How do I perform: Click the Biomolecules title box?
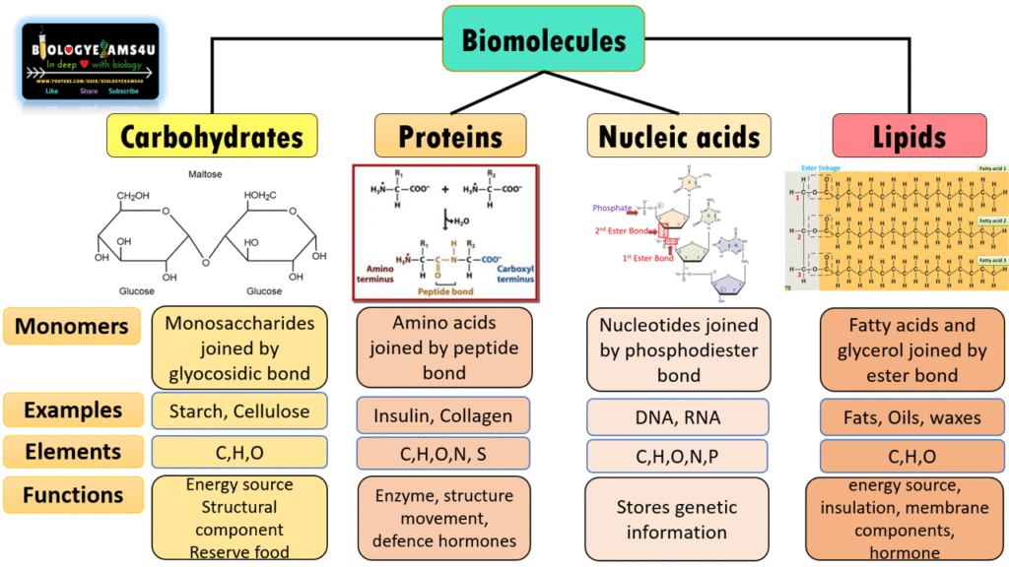544,39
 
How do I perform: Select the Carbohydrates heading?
212,136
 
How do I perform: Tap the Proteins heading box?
450,136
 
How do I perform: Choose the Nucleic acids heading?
679,136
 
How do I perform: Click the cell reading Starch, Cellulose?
239,411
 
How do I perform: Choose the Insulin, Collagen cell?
443,415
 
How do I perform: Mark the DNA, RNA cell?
678,417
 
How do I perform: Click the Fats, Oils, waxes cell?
912,417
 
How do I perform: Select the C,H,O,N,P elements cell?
678,457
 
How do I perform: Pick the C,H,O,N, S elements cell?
443,454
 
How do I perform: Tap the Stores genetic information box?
677,520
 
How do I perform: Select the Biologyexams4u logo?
91,62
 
